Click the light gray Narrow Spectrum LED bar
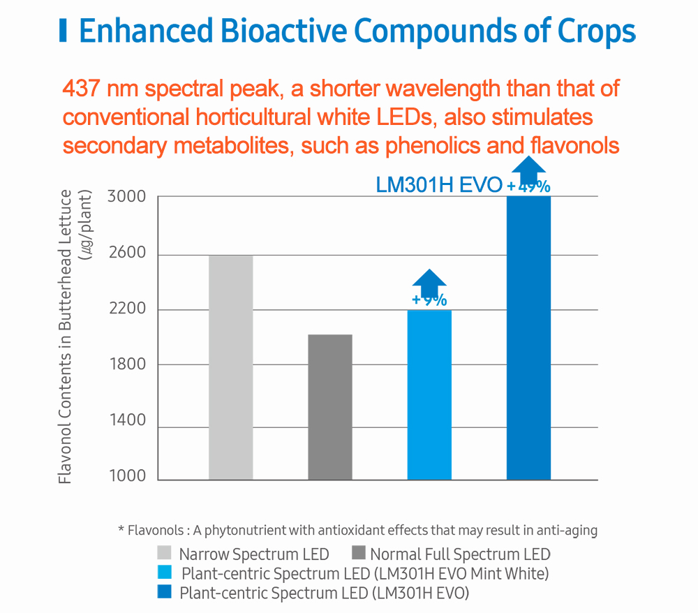230,367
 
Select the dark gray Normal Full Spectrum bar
330,407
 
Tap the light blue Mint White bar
429,394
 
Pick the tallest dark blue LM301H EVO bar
528,338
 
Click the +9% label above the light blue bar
429,300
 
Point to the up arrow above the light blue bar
429,281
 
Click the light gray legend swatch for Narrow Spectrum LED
164,554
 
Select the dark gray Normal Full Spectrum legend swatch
359,554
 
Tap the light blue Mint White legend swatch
164,573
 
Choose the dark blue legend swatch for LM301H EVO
164,593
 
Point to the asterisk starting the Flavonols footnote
121,529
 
